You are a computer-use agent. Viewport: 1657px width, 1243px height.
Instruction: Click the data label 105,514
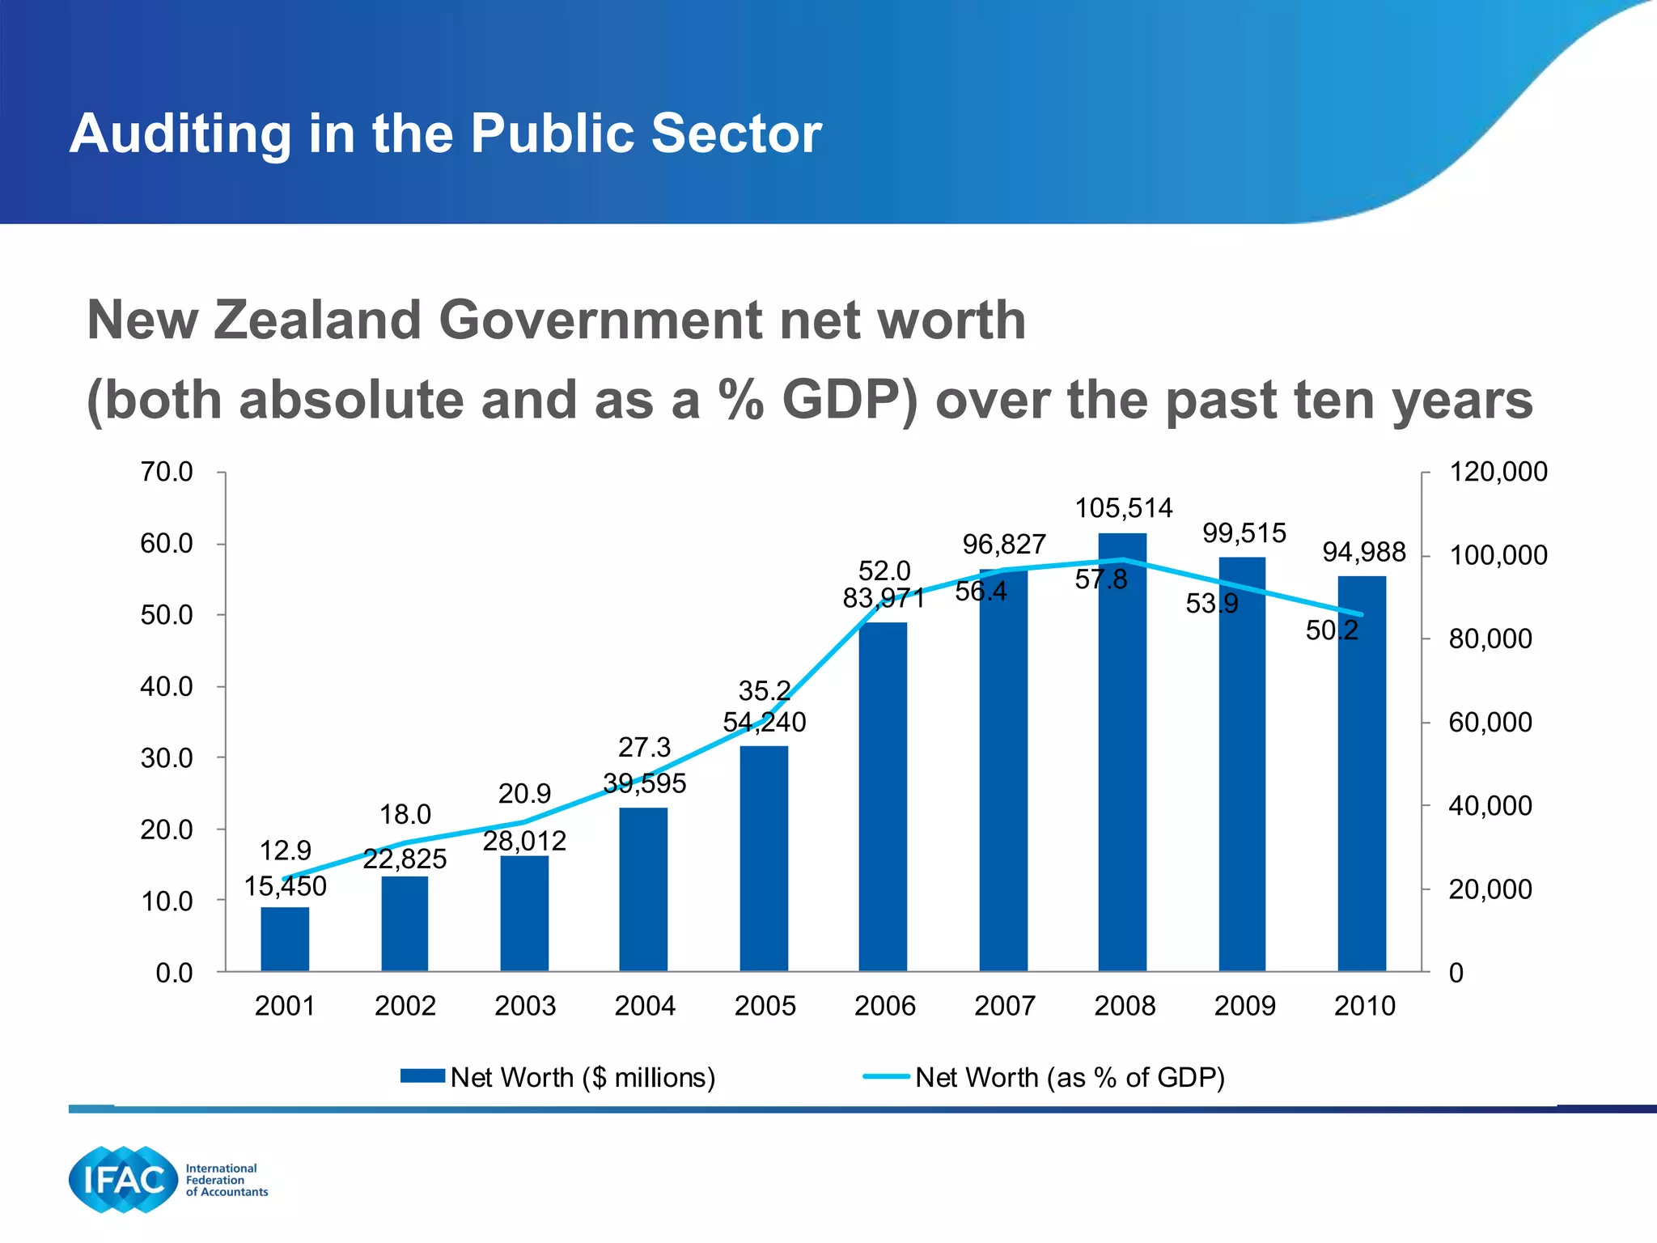(1123, 508)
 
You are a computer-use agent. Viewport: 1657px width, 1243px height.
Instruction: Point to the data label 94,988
(1363, 552)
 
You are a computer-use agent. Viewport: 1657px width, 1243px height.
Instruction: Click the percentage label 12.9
(285, 851)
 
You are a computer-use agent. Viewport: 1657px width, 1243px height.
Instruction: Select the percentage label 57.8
(1100, 579)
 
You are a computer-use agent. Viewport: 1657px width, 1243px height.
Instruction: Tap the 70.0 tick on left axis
(167, 472)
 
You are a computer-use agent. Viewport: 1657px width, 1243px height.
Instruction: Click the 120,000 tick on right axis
(1498, 472)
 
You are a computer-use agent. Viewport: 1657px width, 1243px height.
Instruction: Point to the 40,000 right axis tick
(1490, 806)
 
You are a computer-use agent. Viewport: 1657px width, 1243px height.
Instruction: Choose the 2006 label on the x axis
(884, 1006)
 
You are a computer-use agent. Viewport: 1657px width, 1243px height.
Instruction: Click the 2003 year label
(524, 1006)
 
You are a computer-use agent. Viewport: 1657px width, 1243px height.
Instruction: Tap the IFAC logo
(123, 1180)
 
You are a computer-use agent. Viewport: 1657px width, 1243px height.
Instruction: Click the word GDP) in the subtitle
(849, 401)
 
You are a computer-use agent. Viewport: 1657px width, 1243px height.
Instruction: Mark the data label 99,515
(1244, 533)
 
